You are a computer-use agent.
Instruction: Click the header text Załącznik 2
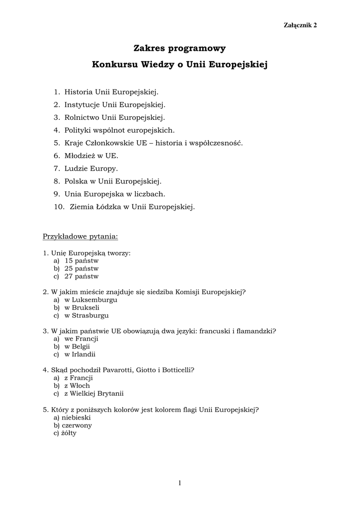click(x=300, y=25)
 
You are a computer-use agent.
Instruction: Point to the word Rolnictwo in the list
click(x=82, y=118)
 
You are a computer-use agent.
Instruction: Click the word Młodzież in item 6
click(x=81, y=156)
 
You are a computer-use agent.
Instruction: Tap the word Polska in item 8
click(x=76, y=181)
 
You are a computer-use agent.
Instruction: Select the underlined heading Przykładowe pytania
click(x=81, y=236)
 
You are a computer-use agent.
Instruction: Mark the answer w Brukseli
click(x=82, y=308)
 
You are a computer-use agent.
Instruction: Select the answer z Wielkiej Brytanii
click(x=93, y=393)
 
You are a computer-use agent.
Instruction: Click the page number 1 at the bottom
click(x=180, y=483)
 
